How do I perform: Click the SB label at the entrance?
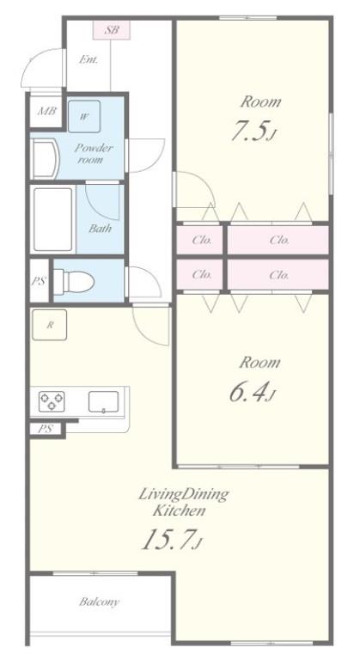(112, 30)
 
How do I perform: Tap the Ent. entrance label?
(88, 60)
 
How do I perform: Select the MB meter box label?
(46, 111)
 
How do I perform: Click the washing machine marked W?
(84, 116)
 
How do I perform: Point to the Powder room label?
(94, 154)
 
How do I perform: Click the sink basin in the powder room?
(46, 160)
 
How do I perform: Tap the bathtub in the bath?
(53, 219)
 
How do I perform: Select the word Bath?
(101, 229)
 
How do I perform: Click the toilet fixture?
(74, 281)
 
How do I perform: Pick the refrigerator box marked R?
(50, 325)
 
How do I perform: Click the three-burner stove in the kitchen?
(52, 401)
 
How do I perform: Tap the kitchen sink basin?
(104, 401)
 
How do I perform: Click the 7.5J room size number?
(253, 131)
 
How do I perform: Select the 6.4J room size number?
(253, 393)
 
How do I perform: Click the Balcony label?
(100, 602)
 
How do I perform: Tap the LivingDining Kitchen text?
(184, 502)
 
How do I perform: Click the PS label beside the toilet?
(39, 281)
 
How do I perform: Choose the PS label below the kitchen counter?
(46, 429)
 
